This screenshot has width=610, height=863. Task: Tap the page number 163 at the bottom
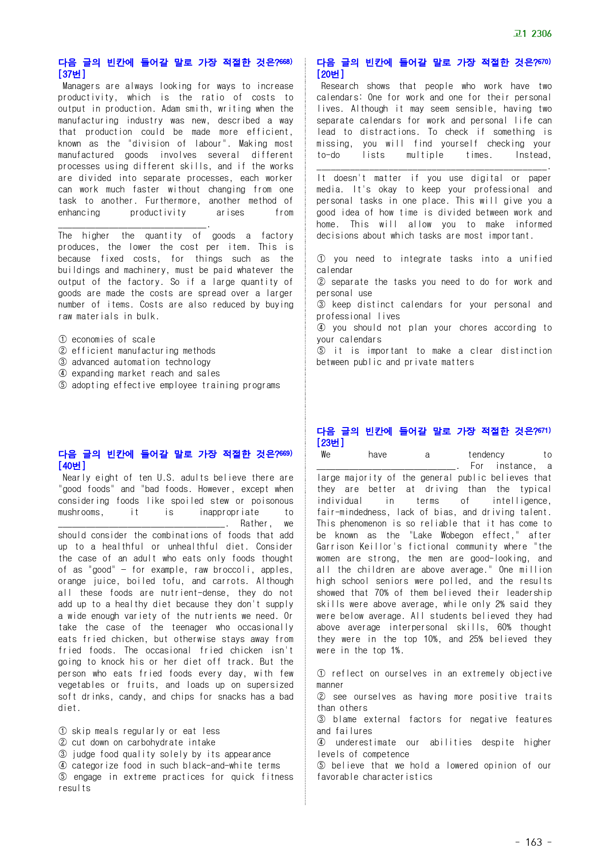tap(533, 842)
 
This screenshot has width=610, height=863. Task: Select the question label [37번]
tap(72, 74)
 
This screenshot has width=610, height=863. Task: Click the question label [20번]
tap(330, 74)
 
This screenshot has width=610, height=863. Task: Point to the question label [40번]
tap(72, 465)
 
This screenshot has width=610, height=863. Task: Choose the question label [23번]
tap(330, 442)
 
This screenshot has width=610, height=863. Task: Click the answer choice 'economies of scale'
tap(113, 339)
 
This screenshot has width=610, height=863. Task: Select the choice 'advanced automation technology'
tap(141, 362)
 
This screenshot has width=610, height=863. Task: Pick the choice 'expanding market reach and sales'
tap(146, 373)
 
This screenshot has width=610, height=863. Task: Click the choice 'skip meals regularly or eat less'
tap(146, 731)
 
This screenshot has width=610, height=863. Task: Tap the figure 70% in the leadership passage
tap(381, 593)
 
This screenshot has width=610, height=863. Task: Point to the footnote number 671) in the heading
tap(543, 431)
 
